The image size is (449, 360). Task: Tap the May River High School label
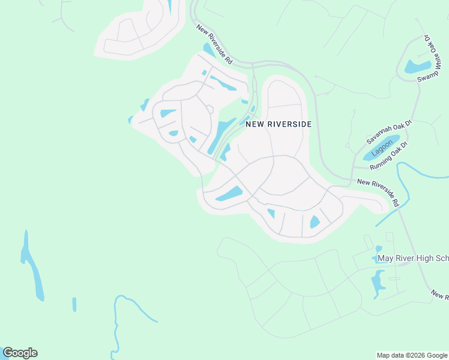(412, 259)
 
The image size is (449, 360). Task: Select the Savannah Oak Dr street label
(390, 132)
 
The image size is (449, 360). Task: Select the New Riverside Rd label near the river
(378, 193)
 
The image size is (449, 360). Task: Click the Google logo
(20, 353)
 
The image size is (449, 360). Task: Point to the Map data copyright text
(412, 355)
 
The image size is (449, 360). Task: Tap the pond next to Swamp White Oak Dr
(417, 67)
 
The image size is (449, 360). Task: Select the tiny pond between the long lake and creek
(74, 304)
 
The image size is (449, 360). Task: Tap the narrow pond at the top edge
(170, 6)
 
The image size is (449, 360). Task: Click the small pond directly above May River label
(378, 248)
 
